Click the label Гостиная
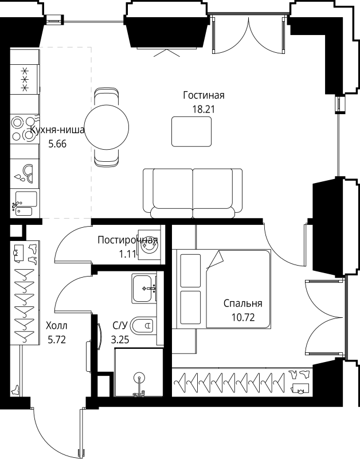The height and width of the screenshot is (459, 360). click(204, 95)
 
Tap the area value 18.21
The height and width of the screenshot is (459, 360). click(204, 107)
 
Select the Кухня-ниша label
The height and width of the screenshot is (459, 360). click(57, 130)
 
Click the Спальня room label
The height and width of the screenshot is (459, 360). click(242, 304)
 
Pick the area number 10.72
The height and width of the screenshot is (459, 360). click(242, 316)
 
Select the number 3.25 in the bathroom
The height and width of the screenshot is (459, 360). click(120, 339)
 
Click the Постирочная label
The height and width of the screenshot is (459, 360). click(127, 240)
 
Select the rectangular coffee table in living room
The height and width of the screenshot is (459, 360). click(191, 131)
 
